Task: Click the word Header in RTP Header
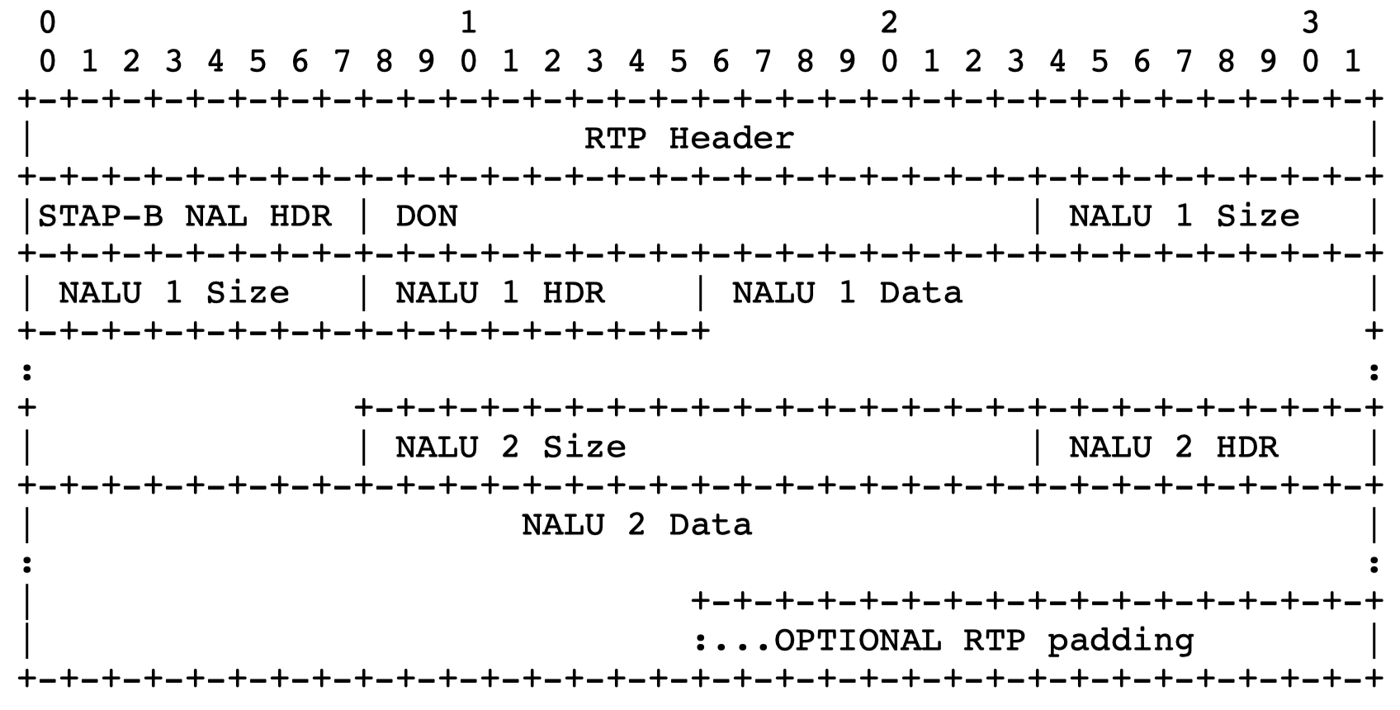pyautogui.click(x=731, y=138)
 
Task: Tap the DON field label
pyautogui.click(x=426, y=216)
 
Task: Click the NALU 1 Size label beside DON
pyautogui.click(x=1184, y=216)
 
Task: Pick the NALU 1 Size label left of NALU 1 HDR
pyautogui.click(x=173, y=293)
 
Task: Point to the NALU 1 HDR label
pyautogui.click(x=499, y=293)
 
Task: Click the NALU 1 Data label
pyautogui.click(x=847, y=293)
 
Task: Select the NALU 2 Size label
pyautogui.click(x=510, y=447)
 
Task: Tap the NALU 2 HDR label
pyautogui.click(x=1173, y=447)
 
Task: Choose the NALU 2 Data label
pyautogui.click(x=636, y=525)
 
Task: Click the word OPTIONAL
pyautogui.click(x=858, y=641)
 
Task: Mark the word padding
pyautogui.click(x=1120, y=641)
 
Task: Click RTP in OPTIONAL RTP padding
pyautogui.click(x=994, y=641)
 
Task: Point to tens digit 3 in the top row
pyautogui.click(x=1310, y=23)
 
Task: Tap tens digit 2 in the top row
pyautogui.click(x=889, y=23)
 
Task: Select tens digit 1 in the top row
pyautogui.click(x=468, y=23)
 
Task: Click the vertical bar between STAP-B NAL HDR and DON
pyautogui.click(x=363, y=216)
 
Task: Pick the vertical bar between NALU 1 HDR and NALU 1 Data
pyautogui.click(x=700, y=293)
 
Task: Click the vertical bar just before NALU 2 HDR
pyautogui.click(x=1038, y=447)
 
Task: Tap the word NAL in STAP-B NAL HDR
pyautogui.click(x=215, y=216)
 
